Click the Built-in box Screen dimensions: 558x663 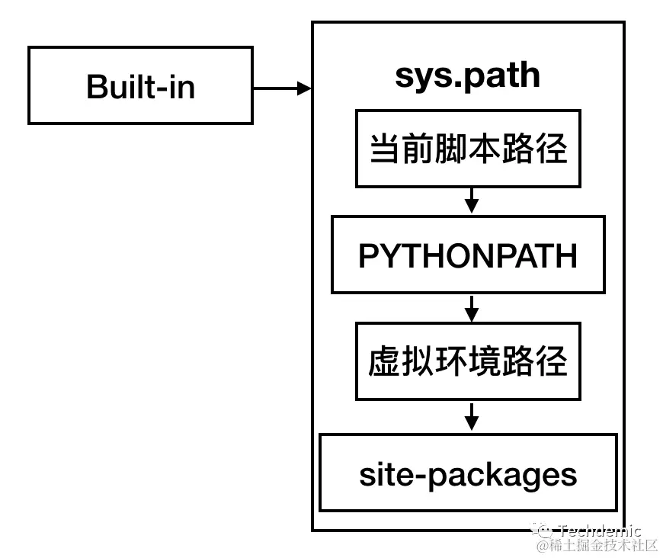(x=140, y=85)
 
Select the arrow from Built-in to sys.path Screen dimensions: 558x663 (x=282, y=88)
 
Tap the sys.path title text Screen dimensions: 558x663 (x=467, y=75)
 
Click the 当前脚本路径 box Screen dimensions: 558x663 (x=468, y=149)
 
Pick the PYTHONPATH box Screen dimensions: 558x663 (x=468, y=255)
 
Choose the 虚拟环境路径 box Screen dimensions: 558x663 (x=468, y=361)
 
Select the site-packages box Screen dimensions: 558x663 (x=468, y=473)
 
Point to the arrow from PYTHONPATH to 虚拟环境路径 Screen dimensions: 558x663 (x=471, y=307)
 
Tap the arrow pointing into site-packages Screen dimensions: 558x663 (x=471, y=416)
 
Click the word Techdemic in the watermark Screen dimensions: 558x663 (x=600, y=531)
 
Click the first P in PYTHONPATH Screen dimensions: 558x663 (x=369, y=256)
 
